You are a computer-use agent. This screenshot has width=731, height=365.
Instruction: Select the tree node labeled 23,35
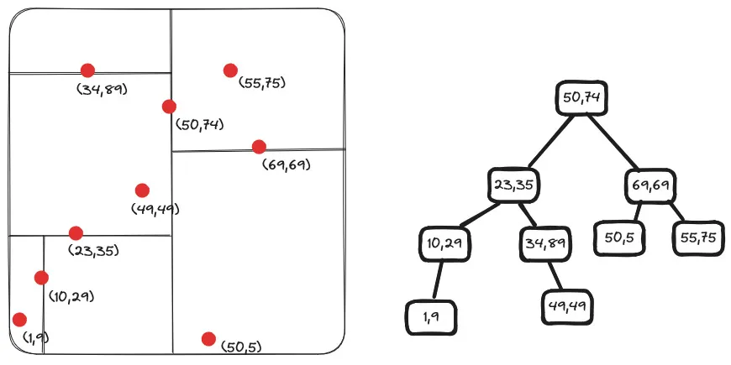(x=514, y=185)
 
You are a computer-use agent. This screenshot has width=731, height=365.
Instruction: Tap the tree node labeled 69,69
(x=650, y=185)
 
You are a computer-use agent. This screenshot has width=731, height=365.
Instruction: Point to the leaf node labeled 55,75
(x=697, y=237)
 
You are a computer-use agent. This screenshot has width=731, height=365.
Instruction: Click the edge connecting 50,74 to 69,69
(x=618, y=142)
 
